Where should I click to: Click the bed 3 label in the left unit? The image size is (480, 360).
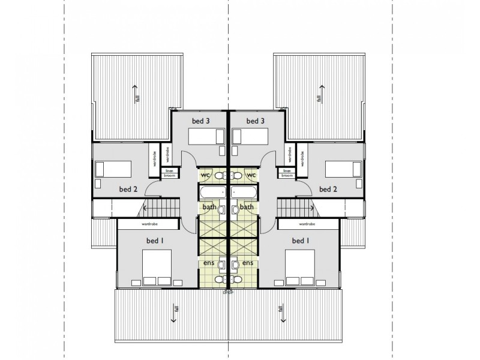pyautogui.click(x=201, y=121)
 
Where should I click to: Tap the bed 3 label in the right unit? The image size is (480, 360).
pyautogui.click(x=255, y=121)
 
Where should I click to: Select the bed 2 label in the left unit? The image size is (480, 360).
pyautogui.click(x=128, y=189)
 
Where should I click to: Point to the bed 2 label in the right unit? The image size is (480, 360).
pyautogui.click(x=328, y=189)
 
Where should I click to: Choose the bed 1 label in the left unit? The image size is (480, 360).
pyautogui.click(x=155, y=241)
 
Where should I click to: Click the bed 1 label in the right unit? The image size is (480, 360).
pyautogui.click(x=301, y=241)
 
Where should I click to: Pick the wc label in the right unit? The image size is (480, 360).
pyautogui.click(x=251, y=175)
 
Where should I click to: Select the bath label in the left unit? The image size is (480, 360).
pyautogui.click(x=209, y=207)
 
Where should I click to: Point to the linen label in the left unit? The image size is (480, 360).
pyautogui.click(x=169, y=170)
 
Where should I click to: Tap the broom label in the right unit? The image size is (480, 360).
pyautogui.click(x=287, y=176)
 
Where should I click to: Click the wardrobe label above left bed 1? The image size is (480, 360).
pyautogui.click(x=149, y=224)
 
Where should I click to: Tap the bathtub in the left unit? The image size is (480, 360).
pyautogui.click(x=212, y=192)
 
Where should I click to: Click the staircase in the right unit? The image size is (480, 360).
pyautogui.click(x=297, y=209)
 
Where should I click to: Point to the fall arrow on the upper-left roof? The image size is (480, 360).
pyautogui.click(x=136, y=94)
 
